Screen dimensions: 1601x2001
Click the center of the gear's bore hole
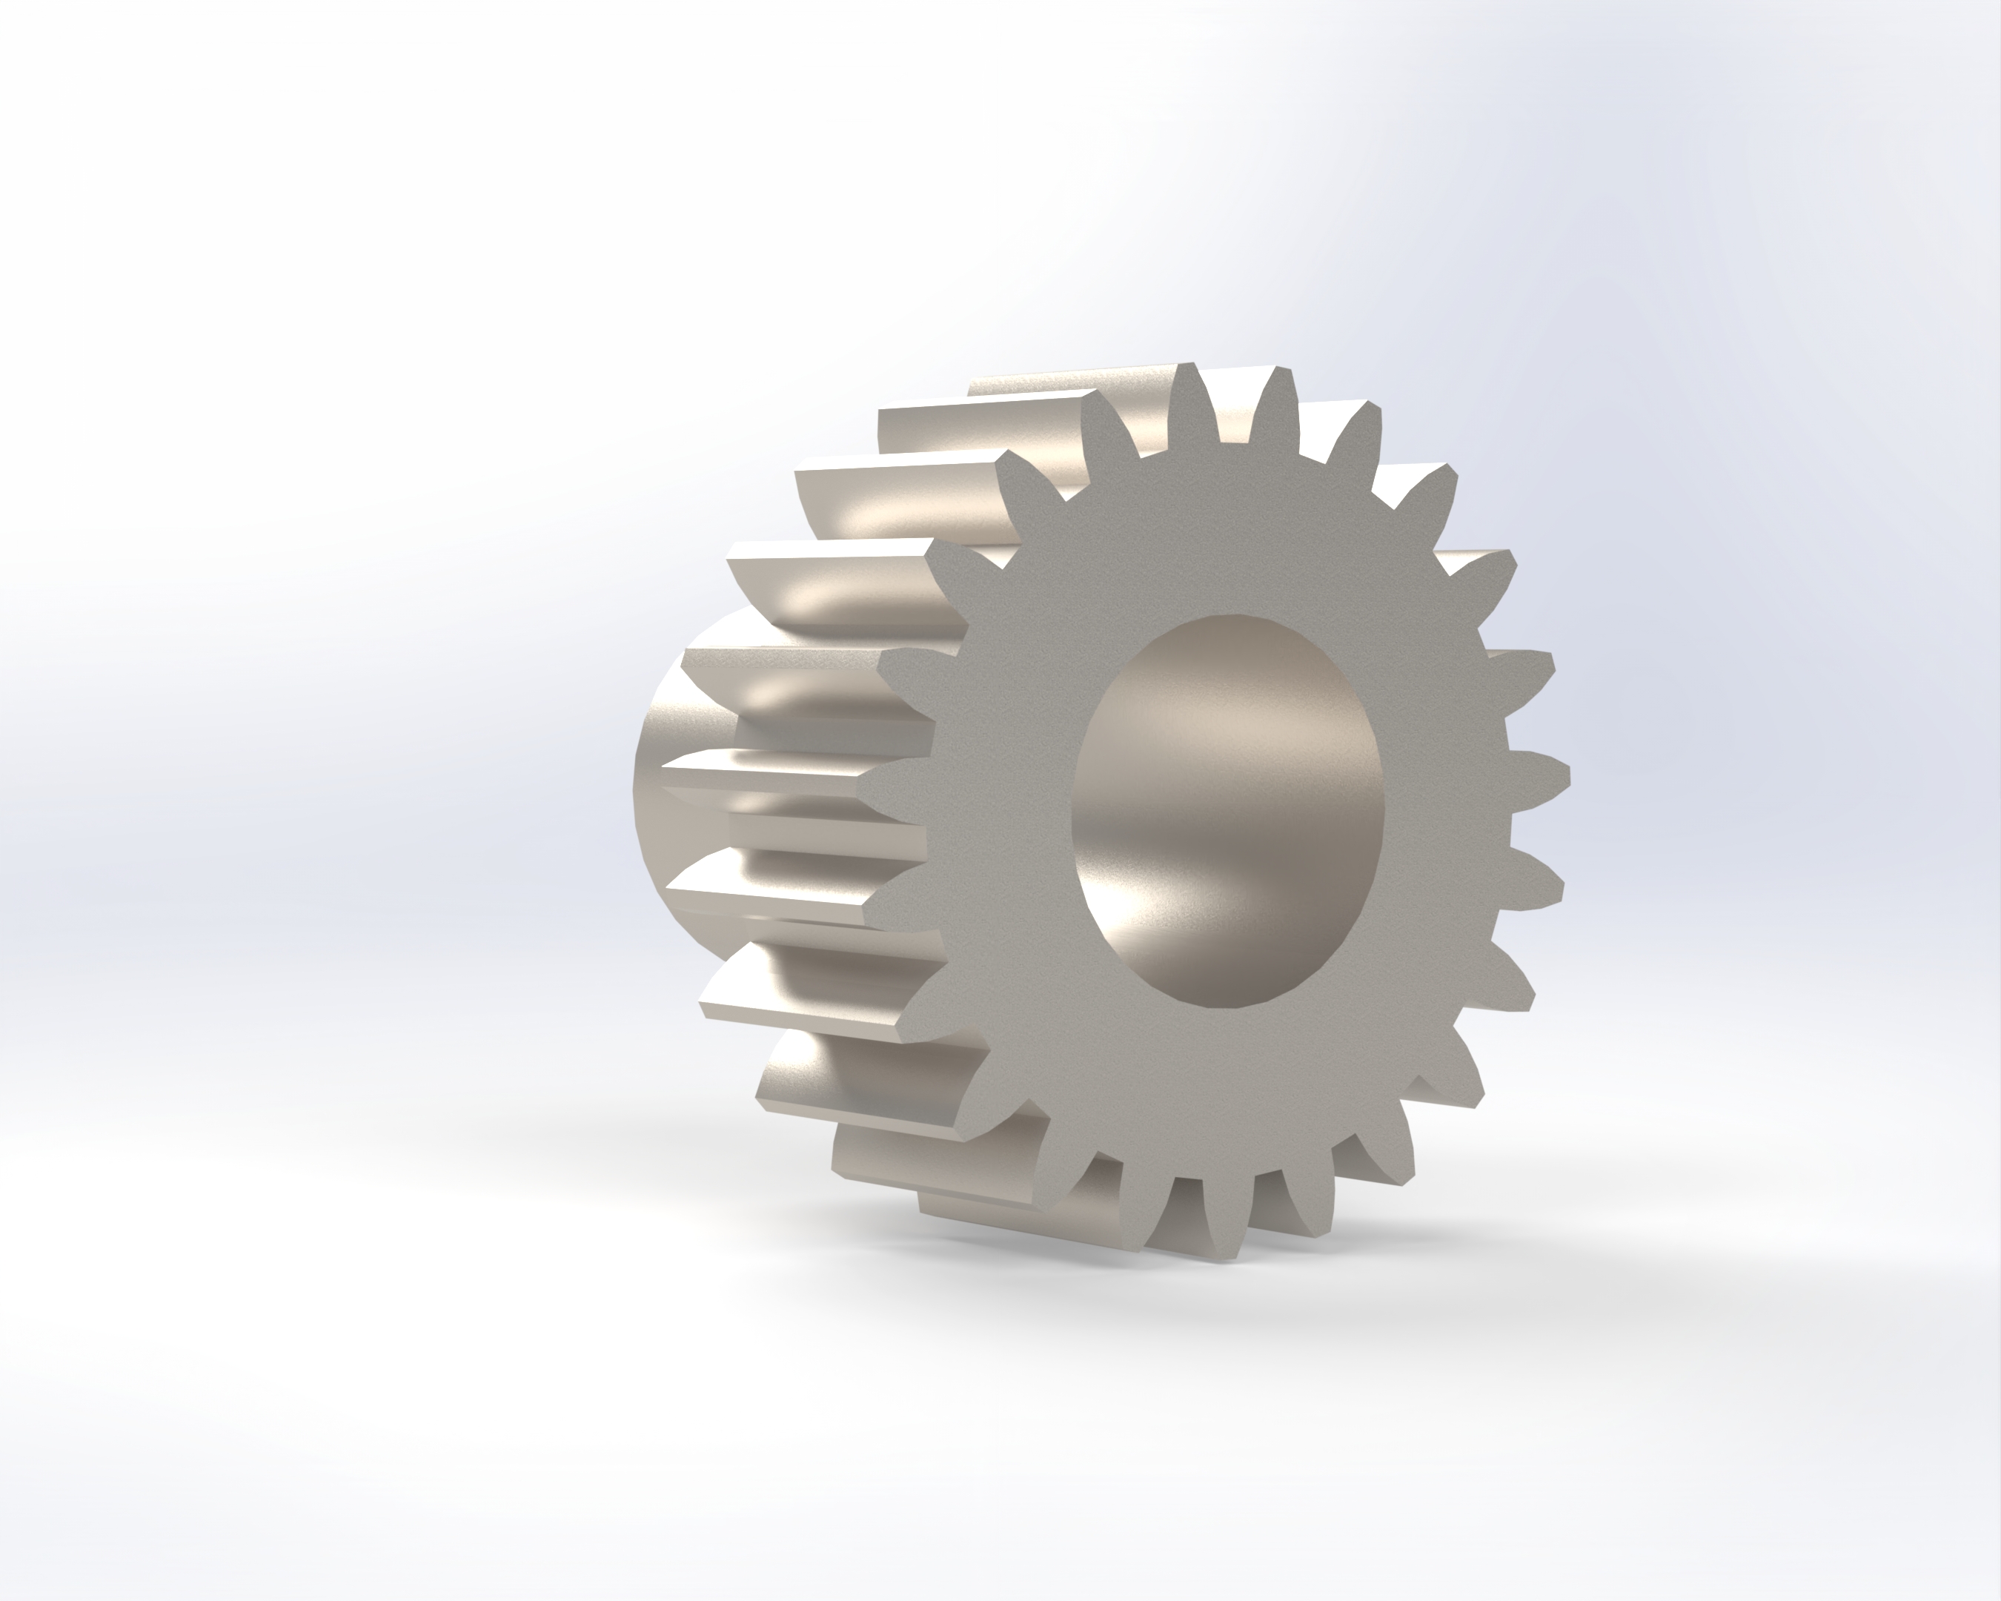(1227, 809)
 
